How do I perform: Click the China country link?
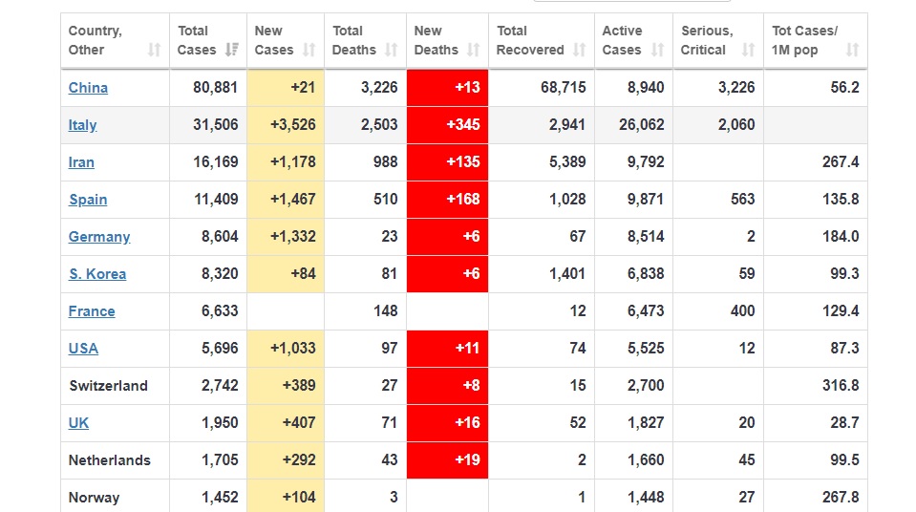click(x=88, y=88)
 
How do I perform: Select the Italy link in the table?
click(x=82, y=125)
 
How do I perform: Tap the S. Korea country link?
click(x=97, y=274)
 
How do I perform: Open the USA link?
click(x=83, y=349)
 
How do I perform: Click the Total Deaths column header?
click(x=353, y=40)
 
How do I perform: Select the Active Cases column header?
click(x=623, y=40)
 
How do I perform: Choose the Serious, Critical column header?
click(x=706, y=40)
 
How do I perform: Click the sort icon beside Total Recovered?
click(x=581, y=50)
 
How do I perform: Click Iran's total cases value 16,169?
click(x=215, y=162)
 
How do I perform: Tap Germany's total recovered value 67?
click(x=577, y=237)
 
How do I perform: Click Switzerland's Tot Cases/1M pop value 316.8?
click(x=840, y=386)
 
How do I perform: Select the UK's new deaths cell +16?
click(x=467, y=423)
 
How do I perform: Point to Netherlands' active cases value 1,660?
click(x=646, y=460)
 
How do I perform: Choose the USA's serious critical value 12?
click(x=746, y=349)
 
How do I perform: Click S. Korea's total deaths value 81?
click(x=389, y=274)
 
